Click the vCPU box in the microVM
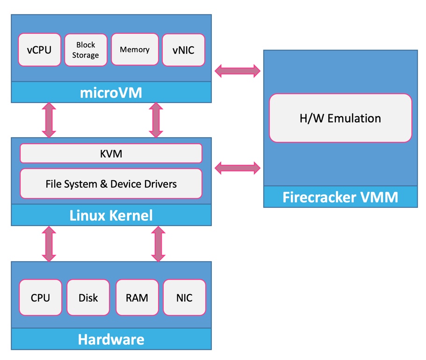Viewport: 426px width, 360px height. (39, 50)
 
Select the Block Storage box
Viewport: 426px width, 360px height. (86, 50)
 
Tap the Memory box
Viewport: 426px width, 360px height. (135, 49)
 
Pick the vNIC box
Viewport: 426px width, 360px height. (183, 50)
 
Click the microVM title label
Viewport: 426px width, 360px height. (111, 93)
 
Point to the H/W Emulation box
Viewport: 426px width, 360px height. (340, 118)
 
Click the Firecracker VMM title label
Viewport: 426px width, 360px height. (340, 197)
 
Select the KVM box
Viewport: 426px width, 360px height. (111, 154)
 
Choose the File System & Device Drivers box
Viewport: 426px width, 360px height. (111, 184)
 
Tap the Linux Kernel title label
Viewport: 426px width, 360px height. (111, 215)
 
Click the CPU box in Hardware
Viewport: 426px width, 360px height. (40, 297)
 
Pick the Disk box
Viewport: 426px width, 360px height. (88, 297)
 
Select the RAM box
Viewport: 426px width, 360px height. (137, 297)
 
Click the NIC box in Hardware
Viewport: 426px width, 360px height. (184, 297)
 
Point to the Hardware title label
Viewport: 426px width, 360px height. (111, 339)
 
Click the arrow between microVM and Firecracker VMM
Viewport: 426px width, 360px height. (237, 71)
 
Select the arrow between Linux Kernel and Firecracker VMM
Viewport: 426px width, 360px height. (237, 167)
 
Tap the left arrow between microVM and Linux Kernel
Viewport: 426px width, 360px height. (49, 120)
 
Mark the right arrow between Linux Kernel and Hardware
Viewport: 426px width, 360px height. (158, 243)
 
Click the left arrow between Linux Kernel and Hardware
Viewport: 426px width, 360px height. (49, 243)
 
